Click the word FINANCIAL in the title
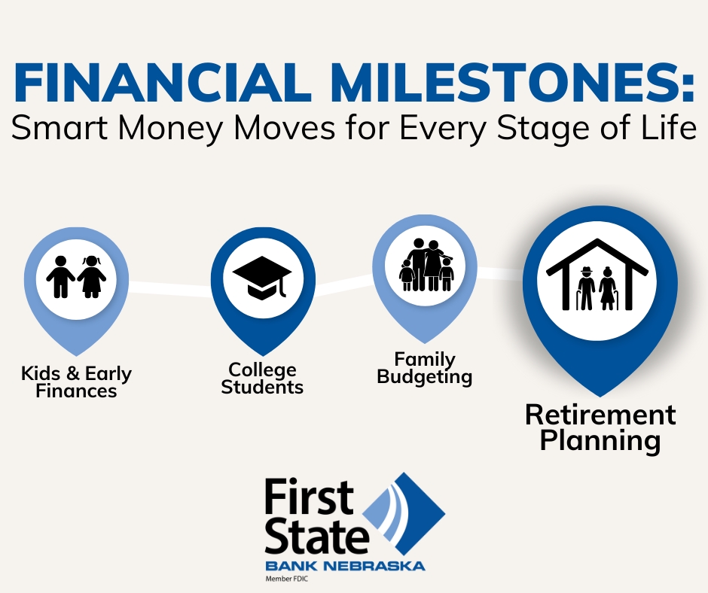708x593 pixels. (x=163, y=82)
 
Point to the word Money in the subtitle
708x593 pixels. (x=172, y=129)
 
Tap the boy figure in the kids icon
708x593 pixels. (x=60, y=277)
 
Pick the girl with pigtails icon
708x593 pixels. (x=92, y=277)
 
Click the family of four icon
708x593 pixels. (x=426, y=265)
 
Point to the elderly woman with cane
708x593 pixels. (x=608, y=288)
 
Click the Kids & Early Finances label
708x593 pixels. (x=76, y=382)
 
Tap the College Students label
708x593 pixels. (x=262, y=379)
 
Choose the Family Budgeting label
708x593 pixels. (x=425, y=368)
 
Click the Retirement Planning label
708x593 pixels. (x=600, y=427)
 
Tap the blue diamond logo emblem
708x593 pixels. (x=404, y=514)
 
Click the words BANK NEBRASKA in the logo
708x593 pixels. (x=345, y=566)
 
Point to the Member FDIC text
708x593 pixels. (x=287, y=579)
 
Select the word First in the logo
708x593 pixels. (x=309, y=497)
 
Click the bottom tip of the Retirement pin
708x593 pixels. (x=600, y=397)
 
